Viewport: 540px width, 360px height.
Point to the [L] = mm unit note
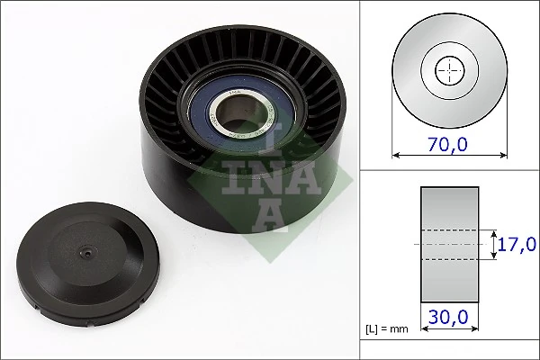(388, 329)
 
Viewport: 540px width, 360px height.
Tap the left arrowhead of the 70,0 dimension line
(397, 155)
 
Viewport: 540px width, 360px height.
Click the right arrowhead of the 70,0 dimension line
(503, 155)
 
